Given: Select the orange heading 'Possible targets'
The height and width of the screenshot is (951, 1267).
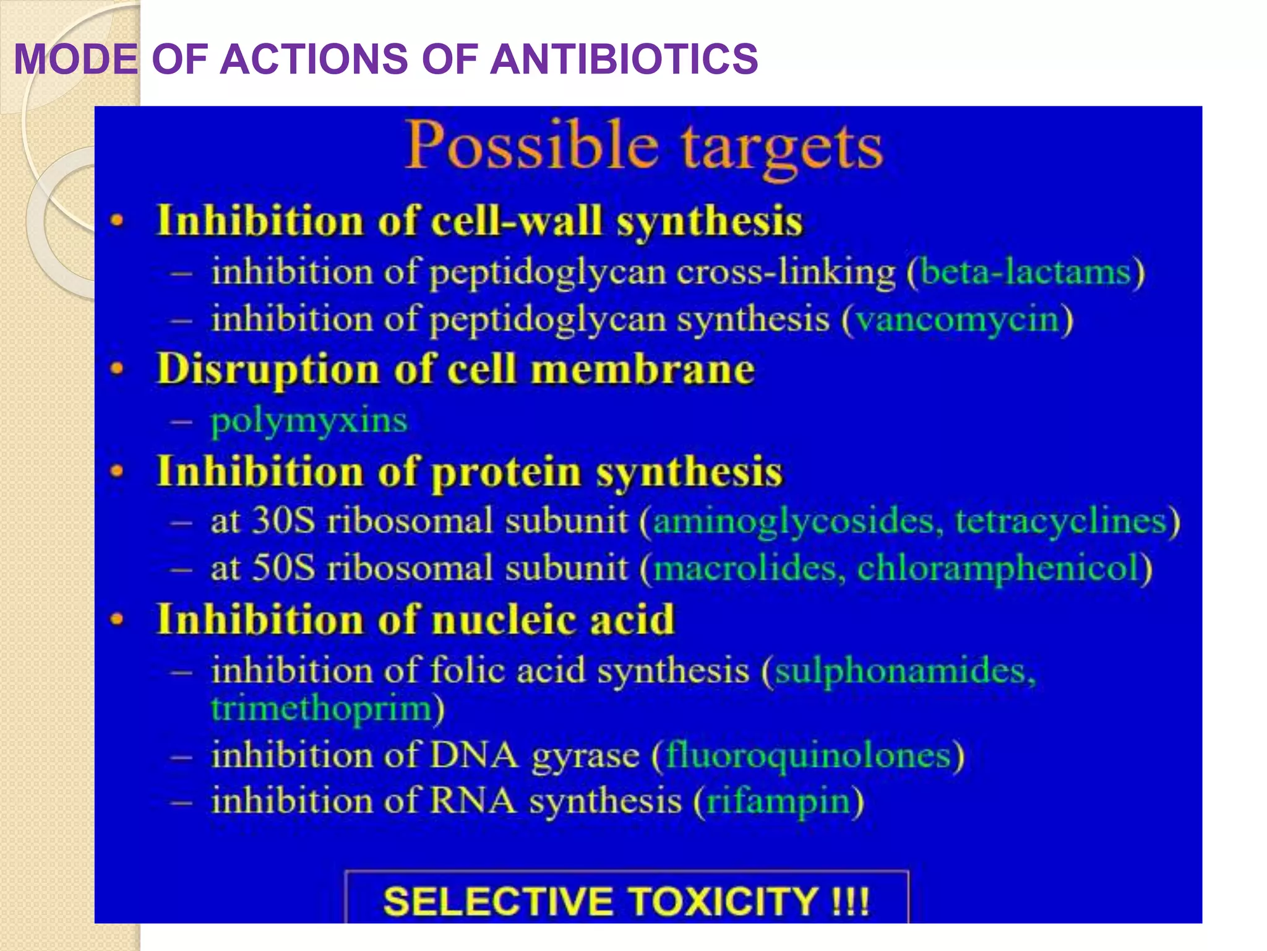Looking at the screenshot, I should [x=644, y=146].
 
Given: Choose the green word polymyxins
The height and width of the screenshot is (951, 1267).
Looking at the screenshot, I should [x=309, y=421].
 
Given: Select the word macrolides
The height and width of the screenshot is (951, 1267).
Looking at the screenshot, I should [x=745, y=568].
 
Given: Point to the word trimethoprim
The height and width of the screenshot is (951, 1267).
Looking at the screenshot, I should [x=321, y=708].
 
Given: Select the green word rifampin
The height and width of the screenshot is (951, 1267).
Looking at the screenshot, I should [x=778, y=801].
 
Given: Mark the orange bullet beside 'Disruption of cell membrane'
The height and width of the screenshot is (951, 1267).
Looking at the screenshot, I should [x=117, y=369].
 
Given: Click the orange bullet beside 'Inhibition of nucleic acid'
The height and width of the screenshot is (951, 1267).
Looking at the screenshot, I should [x=117, y=619].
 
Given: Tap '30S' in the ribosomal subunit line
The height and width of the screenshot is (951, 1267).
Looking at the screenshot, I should [x=284, y=521].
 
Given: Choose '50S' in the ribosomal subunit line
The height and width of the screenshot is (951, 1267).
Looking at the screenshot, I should [x=284, y=568].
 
